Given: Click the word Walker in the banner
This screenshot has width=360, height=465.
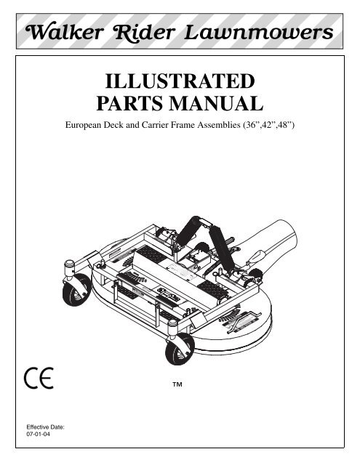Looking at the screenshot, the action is (65, 32).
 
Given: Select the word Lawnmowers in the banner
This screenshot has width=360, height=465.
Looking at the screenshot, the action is (258, 32).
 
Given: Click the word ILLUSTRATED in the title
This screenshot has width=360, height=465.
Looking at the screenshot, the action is (180, 81).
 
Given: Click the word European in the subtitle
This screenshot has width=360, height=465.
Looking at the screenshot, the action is (83, 125).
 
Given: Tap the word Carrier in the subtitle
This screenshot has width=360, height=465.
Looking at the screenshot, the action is (155, 125).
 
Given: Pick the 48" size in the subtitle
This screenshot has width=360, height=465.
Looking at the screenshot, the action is (287, 125).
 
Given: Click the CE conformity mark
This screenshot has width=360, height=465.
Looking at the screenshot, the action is (39, 378).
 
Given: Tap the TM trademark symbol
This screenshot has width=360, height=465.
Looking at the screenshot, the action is (177, 384).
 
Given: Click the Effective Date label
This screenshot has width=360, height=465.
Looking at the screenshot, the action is (45, 427).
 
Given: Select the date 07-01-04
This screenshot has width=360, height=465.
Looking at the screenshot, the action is (39, 434).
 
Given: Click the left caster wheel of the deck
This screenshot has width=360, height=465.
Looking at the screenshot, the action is (76, 290).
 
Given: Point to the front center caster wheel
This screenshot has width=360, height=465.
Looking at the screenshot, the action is (180, 349).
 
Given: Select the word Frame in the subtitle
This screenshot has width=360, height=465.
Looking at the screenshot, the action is (183, 125).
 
